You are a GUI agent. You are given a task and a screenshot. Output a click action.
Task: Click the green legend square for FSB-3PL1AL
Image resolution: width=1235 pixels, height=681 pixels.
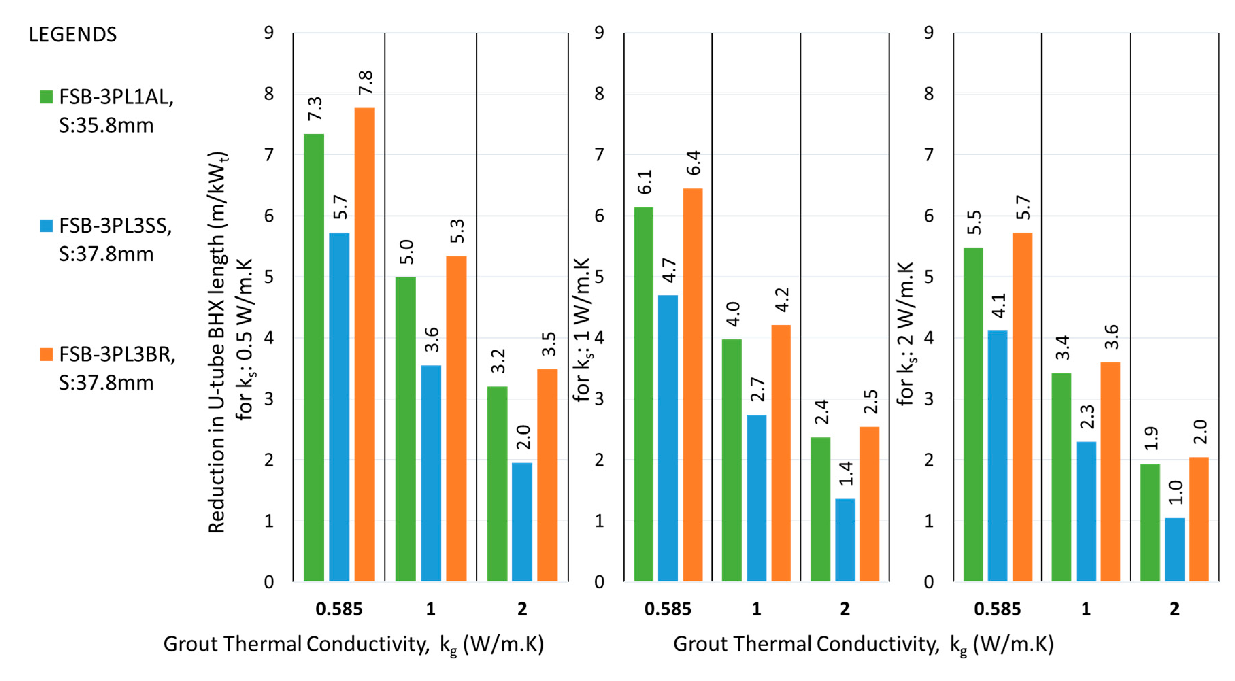click(x=46, y=97)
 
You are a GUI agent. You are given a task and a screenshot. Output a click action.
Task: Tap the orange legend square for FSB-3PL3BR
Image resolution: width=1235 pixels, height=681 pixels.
click(x=46, y=355)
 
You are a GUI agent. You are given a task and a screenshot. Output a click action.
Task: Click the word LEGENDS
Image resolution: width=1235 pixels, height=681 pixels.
click(x=72, y=34)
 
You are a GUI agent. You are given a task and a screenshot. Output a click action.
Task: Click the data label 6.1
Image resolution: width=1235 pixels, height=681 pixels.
click(x=644, y=182)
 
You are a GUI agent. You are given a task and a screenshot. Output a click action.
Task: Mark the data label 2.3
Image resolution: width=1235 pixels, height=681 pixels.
click(x=1087, y=416)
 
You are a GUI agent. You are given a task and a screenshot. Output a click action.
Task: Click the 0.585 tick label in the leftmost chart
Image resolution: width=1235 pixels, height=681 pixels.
click(x=339, y=609)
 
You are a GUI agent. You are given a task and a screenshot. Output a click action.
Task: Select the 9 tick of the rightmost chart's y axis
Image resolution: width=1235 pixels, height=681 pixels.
click(x=929, y=33)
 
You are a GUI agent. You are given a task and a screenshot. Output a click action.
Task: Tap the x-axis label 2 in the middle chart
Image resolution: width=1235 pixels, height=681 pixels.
click(x=845, y=609)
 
